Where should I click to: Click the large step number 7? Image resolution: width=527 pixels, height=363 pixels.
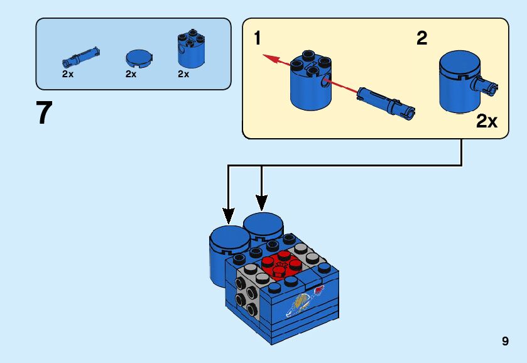[44, 113]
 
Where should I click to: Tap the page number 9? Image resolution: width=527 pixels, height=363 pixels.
[505, 341]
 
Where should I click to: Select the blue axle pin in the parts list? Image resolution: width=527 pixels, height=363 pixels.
[79, 57]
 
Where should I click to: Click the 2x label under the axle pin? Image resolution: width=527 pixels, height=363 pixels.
[68, 73]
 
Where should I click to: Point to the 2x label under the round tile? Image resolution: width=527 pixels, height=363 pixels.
[131, 73]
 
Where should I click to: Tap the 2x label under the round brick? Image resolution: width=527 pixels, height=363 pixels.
[183, 73]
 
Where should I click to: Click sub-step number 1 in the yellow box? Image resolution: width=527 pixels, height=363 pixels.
[258, 38]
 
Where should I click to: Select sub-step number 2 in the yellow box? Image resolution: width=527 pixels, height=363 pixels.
[422, 38]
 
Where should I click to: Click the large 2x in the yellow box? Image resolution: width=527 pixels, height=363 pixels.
[487, 121]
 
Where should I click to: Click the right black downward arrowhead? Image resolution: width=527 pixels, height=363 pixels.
[261, 202]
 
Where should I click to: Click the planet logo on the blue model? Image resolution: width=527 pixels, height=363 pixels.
[300, 303]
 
